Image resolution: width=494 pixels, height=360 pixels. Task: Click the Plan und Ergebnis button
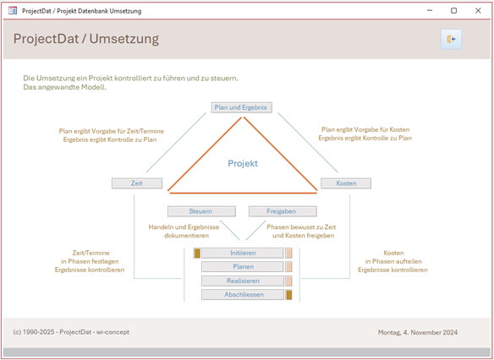242,107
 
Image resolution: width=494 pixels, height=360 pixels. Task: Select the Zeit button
137,183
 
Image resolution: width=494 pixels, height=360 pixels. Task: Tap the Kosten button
346,183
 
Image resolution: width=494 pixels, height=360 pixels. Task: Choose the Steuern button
201,211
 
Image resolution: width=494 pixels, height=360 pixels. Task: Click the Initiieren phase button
243,254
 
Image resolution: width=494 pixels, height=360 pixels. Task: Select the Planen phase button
243,267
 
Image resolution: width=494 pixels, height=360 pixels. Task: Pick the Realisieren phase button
243,281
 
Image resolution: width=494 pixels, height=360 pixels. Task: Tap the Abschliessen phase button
243,295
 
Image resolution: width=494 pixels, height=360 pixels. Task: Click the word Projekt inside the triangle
243,163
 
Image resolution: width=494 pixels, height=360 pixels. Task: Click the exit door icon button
451,40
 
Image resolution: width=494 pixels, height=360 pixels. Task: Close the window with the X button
478,11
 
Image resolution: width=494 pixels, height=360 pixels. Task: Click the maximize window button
453,11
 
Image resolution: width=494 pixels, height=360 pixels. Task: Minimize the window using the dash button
430,10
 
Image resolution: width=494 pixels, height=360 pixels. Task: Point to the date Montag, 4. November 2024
418,332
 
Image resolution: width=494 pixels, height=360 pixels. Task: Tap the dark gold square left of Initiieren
197,254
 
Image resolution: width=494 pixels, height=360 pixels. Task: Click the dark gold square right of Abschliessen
289,295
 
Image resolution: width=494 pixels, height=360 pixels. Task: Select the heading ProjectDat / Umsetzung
86,39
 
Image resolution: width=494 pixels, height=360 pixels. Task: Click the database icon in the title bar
13,11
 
